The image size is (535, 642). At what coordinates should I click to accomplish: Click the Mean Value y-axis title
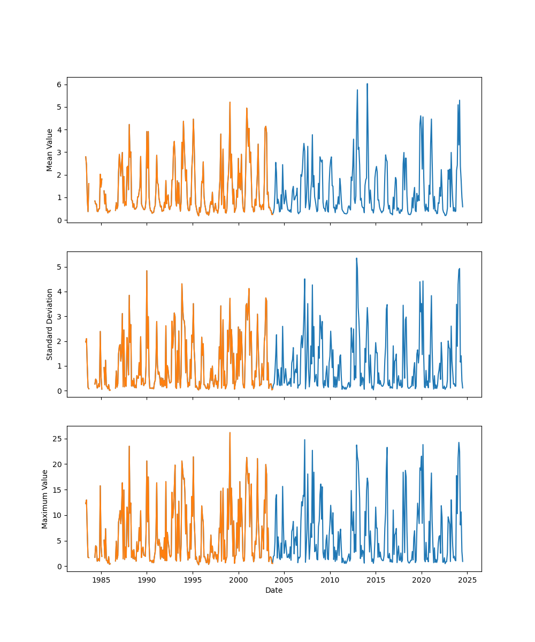50,150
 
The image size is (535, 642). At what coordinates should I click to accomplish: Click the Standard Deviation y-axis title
50,324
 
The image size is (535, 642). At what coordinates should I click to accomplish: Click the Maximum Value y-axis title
45,499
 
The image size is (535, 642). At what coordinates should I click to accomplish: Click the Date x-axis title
274,591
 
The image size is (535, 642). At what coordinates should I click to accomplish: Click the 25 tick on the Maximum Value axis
57,439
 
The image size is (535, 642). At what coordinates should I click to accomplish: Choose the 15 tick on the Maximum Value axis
57,490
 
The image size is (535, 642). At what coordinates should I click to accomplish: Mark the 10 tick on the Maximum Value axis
57,515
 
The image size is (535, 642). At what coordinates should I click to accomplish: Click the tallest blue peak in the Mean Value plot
367,84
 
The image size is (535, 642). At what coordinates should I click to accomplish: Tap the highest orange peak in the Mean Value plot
230,102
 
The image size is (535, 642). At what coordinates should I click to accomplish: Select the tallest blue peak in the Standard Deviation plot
356,258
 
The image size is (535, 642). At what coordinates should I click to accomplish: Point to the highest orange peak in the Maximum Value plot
230,433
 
